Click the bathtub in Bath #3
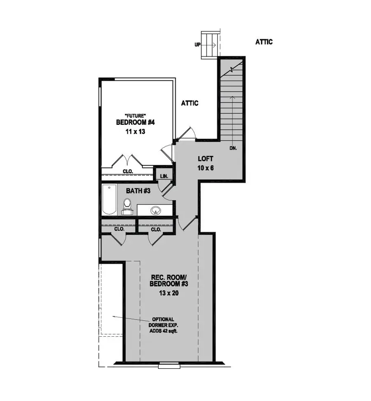coord(109,200)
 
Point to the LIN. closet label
coord(164,176)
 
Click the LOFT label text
coord(205,158)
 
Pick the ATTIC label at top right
coord(264,42)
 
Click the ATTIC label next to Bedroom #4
coord(190,103)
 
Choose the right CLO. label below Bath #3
coord(156,229)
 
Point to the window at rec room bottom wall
coord(168,364)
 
